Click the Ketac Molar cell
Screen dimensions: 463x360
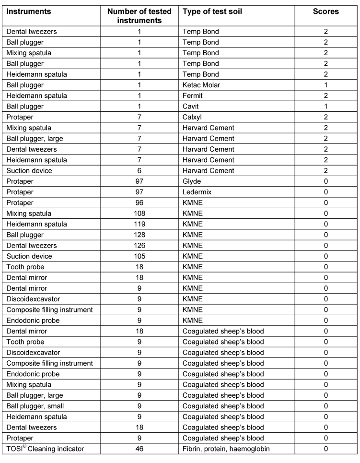200,85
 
